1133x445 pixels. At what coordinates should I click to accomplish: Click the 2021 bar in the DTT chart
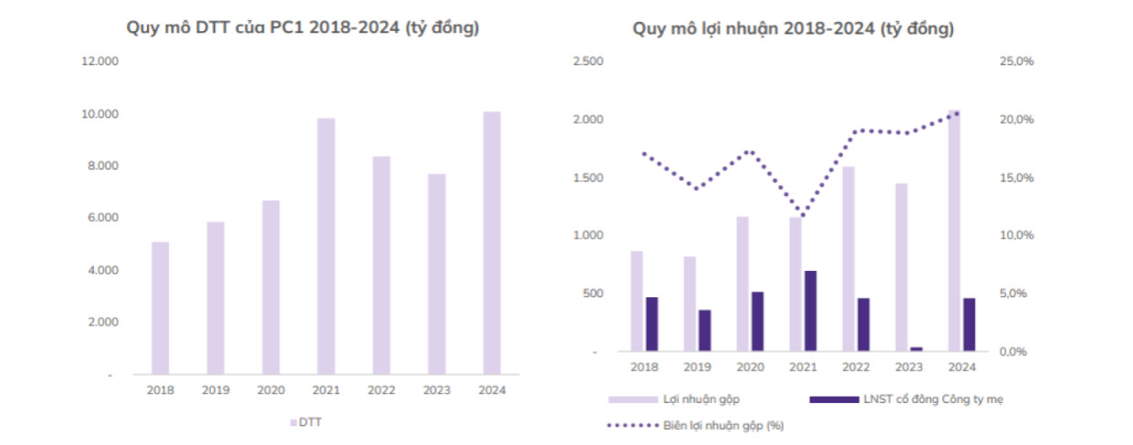coord(326,246)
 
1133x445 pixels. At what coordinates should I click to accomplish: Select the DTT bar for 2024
coord(492,243)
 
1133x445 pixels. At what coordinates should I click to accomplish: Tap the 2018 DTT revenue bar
coord(161,308)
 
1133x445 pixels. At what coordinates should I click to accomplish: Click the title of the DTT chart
coord(303,28)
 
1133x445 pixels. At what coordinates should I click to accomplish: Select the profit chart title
coord(794,29)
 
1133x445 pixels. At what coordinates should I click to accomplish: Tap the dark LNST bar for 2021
coord(810,311)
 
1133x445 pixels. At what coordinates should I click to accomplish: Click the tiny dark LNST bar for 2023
coord(916,348)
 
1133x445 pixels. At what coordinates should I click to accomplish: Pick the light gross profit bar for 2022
coord(847,259)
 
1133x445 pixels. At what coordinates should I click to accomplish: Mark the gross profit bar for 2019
coord(690,304)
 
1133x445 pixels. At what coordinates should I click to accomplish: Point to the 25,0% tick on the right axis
coord(1015,62)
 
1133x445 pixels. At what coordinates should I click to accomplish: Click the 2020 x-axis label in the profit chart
coord(750,367)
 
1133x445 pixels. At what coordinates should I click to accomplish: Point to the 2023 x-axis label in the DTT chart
coord(436,389)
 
